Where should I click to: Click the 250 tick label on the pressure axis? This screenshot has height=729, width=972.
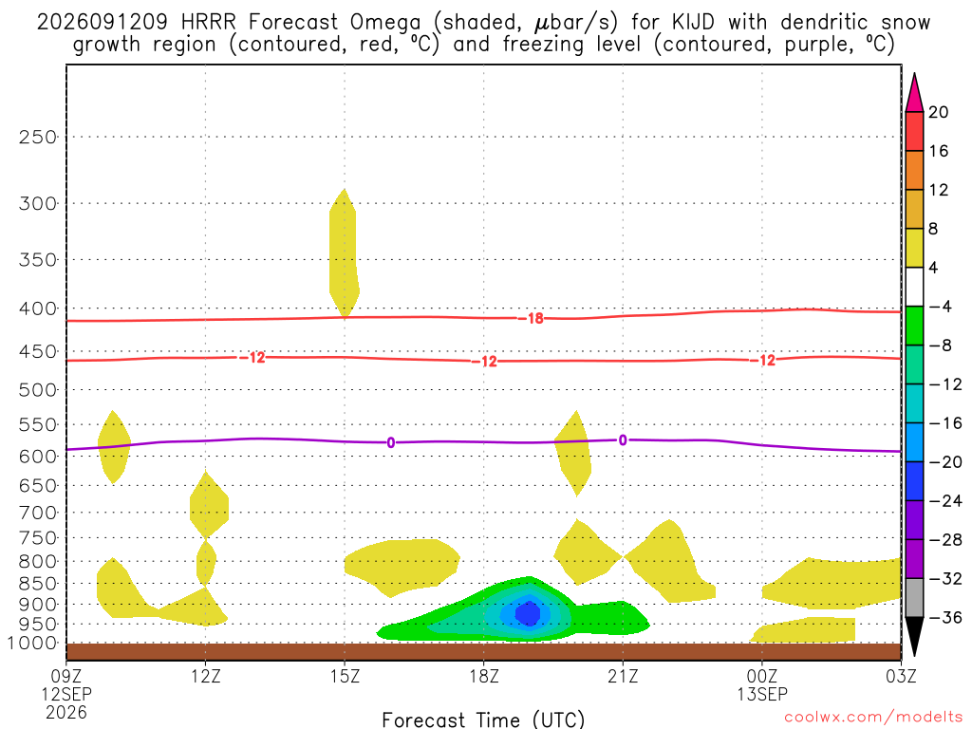tap(38, 137)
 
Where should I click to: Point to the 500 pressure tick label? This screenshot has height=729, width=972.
tap(38, 390)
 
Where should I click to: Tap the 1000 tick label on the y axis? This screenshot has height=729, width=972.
tap(33, 644)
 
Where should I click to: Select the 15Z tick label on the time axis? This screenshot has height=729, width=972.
tap(345, 675)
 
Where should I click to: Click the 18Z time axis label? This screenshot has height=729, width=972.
tap(483, 675)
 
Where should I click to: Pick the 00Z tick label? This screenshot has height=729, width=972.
tap(762, 675)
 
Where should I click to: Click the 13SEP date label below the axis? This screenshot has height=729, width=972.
tap(762, 694)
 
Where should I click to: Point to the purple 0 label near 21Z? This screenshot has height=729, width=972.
tap(623, 440)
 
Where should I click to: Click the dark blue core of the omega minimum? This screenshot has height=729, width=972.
tap(528, 613)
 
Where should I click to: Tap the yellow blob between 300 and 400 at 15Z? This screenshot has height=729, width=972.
tap(344, 252)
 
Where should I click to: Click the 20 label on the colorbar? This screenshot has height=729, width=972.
tap(938, 112)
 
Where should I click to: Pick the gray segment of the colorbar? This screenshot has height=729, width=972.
tap(914, 598)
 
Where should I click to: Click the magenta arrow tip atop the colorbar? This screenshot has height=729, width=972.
tap(914, 74)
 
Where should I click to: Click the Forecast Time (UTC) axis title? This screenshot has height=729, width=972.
tap(483, 720)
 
